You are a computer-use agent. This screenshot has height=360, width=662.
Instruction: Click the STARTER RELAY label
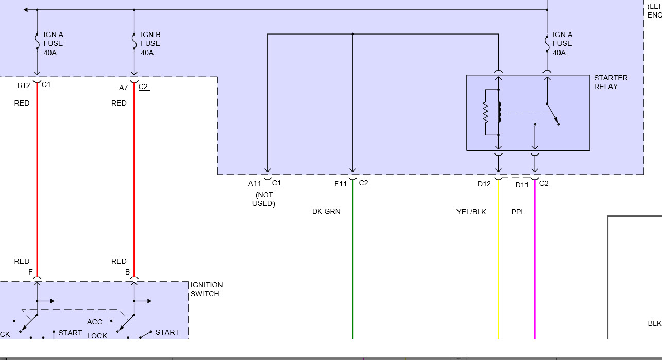pyautogui.click(x=610, y=82)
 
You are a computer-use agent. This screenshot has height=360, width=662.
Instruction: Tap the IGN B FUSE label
pyautogui.click(x=150, y=43)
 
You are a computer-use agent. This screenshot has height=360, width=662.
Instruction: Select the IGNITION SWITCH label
pyautogui.click(x=207, y=289)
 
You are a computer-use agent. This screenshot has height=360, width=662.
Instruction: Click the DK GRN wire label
pyautogui.click(x=326, y=211)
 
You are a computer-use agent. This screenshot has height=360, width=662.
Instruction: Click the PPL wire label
pyautogui.click(x=518, y=212)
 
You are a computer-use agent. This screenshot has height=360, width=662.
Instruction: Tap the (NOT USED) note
pyautogui.click(x=264, y=199)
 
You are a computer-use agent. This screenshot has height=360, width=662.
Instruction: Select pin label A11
pyautogui.click(x=254, y=183)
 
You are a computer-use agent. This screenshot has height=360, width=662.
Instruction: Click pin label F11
pyautogui.click(x=341, y=183)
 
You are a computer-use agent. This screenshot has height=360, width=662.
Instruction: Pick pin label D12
pyautogui.click(x=484, y=184)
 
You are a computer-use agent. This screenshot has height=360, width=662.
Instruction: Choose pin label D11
pyautogui.click(x=522, y=185)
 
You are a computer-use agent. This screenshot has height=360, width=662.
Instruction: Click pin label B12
pyautogui.click(x=24, y=85)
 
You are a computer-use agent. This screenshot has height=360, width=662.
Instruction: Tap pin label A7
pyautogui.click(x=123, y=88)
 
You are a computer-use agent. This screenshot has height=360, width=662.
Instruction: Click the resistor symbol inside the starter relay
pyautogui.click(x=485, y=113)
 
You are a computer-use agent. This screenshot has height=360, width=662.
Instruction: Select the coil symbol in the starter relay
pyautogui.click(x=499, y=112)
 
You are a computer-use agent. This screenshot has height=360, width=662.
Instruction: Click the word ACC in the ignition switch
pyautogui.click(x=95, y=322)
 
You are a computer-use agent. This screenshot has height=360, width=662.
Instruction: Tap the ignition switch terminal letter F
pyautogui.click(x=30, y=271)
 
